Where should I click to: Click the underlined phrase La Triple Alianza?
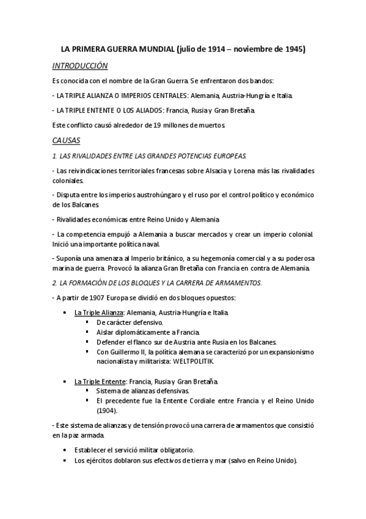(x=98, y=312)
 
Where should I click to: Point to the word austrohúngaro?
(x=166, y=195)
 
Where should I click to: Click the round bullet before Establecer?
(x=65, y=450)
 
